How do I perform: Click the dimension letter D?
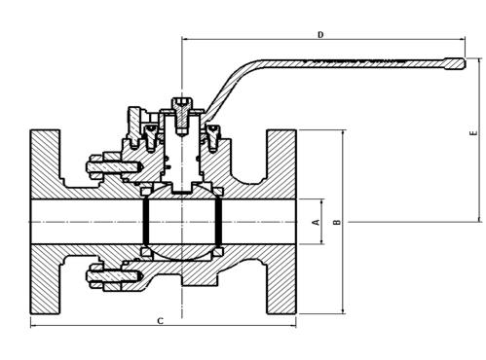(x=319, y=35)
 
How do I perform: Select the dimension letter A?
(x=315, y=222)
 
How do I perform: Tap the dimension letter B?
(x=337, y=222)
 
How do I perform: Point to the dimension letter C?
(x=160, y=319)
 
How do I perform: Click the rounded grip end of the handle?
(x=454, y=64)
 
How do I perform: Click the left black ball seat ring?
(x=144, y=222)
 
